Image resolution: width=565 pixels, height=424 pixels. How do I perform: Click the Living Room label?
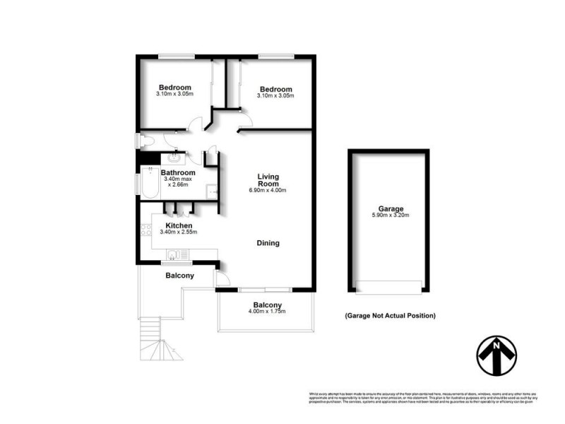268,177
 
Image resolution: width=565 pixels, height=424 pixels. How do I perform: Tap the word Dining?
268,243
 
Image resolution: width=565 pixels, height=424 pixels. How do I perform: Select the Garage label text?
390,208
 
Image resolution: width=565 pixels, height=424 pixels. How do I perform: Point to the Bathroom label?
178,172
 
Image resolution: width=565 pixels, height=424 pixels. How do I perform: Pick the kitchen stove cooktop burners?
147,229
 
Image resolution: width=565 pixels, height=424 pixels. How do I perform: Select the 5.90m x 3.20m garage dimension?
390,216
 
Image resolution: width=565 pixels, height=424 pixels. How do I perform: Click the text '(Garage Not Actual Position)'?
390,315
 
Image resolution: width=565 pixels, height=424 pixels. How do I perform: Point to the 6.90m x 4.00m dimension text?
268,190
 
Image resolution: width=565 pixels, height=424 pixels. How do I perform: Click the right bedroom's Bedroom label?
275,89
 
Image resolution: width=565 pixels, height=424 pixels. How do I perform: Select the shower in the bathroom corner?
211,189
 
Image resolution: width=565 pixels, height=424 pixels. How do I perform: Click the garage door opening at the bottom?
389,286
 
